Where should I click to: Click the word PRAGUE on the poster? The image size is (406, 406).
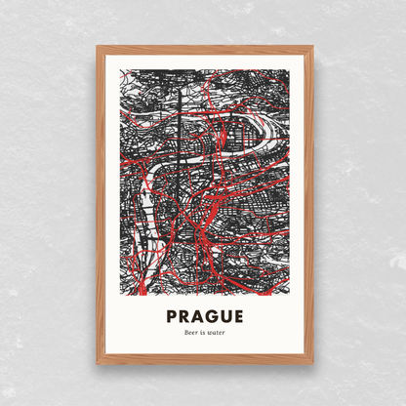point(203,316)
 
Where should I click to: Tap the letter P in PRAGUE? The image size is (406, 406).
point(173,316)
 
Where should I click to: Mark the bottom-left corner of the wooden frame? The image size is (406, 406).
point(98,363)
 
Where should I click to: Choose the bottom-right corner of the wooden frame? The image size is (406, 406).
point(312,363)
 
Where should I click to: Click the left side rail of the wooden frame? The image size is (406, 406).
point(100,205)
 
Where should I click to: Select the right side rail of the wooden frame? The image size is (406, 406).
point(310,205)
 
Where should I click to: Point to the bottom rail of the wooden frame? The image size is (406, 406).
point(205,360)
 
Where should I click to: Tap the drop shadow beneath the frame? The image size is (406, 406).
point(205,369)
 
